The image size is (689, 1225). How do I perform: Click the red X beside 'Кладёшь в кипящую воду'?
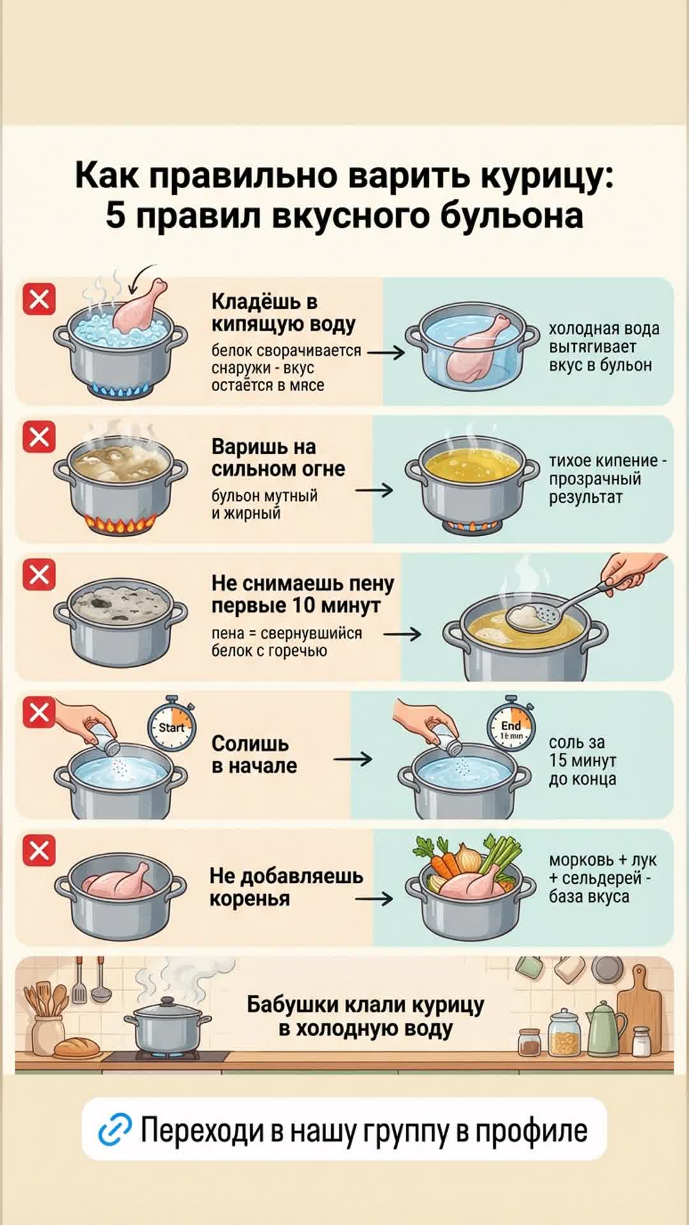click(x=40, y=299)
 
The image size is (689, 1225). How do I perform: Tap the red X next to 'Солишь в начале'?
click(x=40, y=712)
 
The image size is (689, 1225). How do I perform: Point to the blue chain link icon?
click(x=115, y=1130)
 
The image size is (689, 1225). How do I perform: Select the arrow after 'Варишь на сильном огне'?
click(x=374, y=490)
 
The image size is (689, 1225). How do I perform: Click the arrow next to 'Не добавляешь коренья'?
click(x=374, y=898)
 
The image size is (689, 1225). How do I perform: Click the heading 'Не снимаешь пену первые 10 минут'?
click(x=302, y=594)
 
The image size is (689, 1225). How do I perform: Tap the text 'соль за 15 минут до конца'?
click(x=582, y=761)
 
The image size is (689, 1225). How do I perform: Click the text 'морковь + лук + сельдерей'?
click(x=602, y=869)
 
